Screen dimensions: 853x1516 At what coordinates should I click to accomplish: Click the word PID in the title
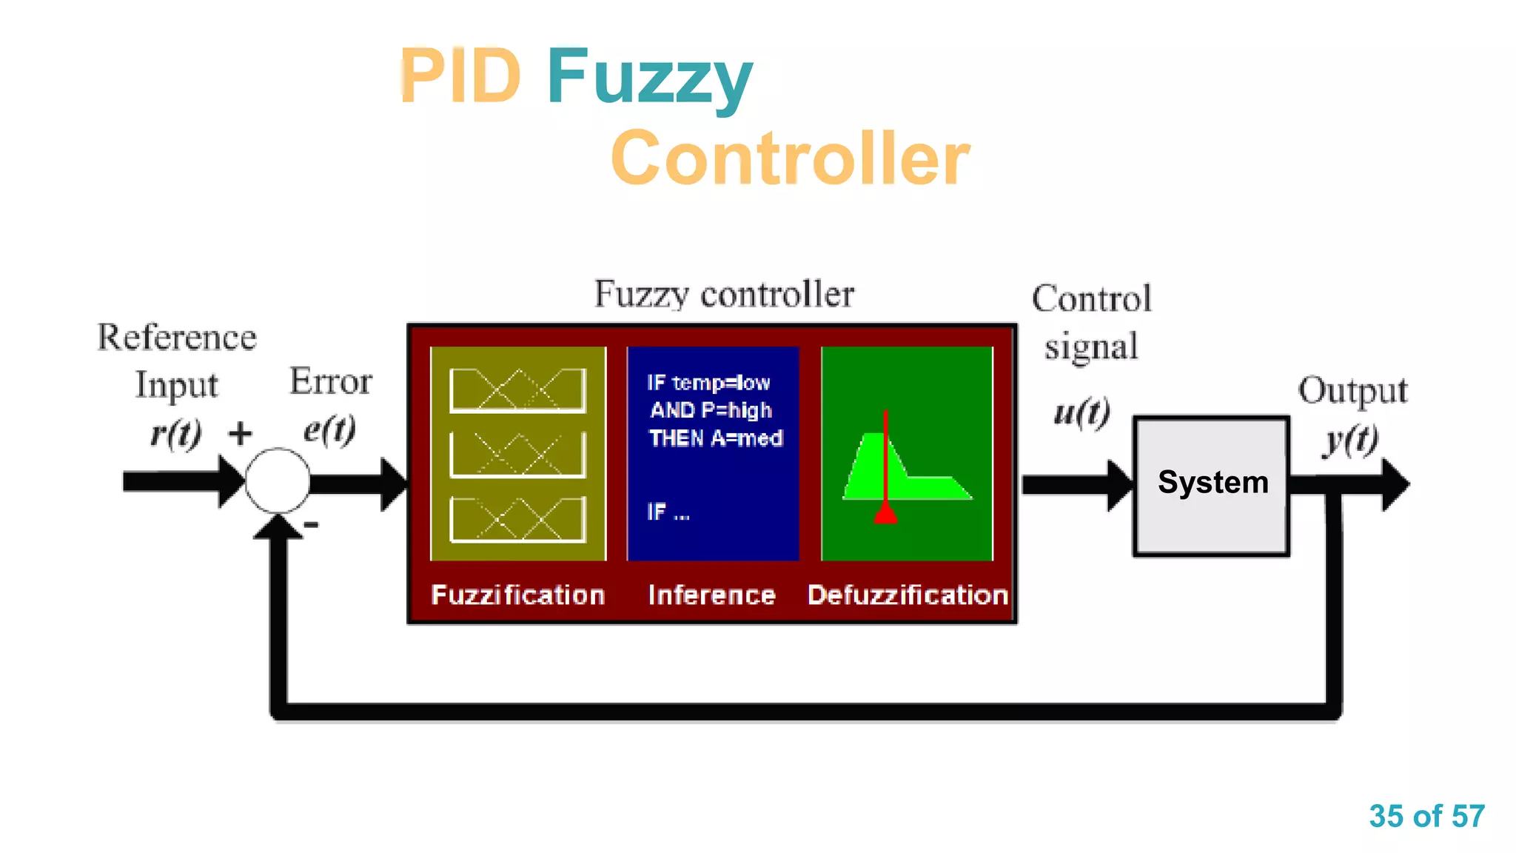[460, 76]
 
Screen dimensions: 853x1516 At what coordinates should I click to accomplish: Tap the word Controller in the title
[790, 158]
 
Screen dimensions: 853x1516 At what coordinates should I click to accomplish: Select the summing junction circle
[278, 481]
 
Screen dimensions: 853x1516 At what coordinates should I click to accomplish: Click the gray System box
[1212, 485]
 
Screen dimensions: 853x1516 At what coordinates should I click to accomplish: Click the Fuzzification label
[518, 595]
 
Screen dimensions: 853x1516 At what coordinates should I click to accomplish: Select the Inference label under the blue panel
[711, 595]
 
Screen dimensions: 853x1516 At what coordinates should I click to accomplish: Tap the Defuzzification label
[908, 595]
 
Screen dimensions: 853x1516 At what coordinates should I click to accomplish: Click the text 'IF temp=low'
[708, 383]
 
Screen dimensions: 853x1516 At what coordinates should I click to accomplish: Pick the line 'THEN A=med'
[715, 438]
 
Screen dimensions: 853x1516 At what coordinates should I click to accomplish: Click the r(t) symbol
[176, 433]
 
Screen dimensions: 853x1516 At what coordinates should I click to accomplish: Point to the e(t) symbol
[329, 429]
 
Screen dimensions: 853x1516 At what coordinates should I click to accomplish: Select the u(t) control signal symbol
[1081, 412]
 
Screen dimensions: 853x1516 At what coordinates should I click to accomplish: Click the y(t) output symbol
[1351, 441]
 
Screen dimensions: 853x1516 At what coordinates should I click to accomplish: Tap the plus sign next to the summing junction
[240, 433]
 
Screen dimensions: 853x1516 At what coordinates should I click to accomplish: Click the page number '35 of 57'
[1426, 816]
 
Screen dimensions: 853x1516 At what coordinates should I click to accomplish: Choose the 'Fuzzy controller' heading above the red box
[724, 294]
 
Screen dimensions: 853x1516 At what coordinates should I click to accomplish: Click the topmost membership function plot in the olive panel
[517, 389]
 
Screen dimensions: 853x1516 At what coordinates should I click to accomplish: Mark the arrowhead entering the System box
[1119, 485]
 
